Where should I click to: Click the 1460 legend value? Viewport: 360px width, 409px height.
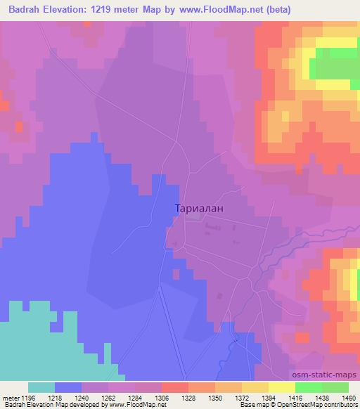(349, 397)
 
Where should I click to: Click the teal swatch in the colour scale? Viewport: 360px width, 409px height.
(41, 387)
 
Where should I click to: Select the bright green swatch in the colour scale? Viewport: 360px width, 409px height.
(309, 387)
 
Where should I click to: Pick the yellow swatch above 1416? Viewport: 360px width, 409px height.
(282, 387)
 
